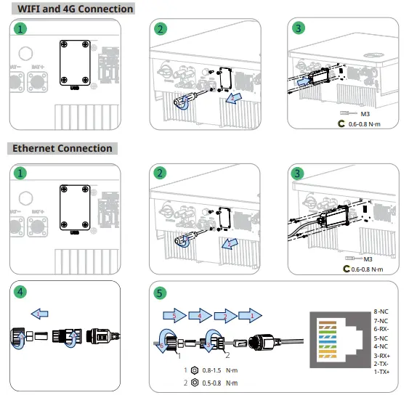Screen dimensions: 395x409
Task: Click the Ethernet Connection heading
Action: click(63, 148)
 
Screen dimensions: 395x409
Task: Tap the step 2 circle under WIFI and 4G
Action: click(161, 29)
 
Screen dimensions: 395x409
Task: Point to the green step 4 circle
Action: click(21, 292)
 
